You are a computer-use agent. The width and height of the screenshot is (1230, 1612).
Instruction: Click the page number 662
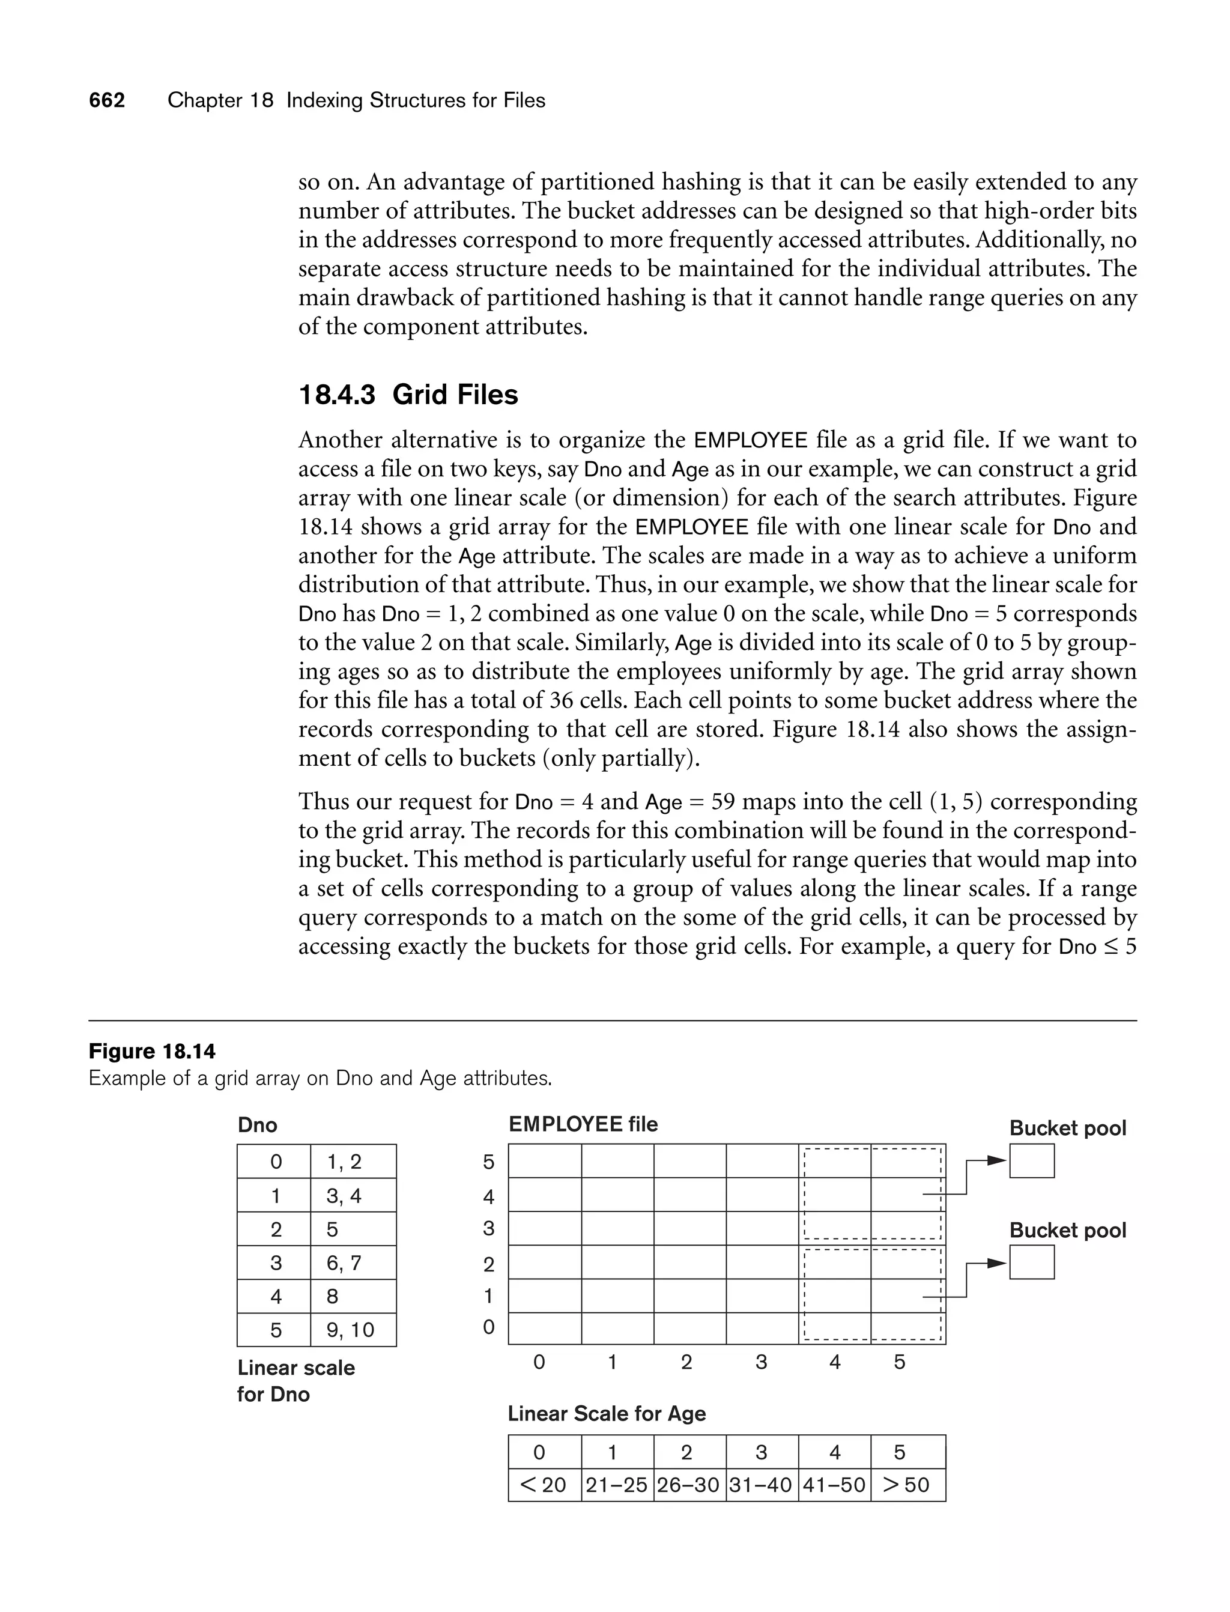tap(107, 100)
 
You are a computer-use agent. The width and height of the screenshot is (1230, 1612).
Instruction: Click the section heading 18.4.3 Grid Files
tap(408, 395)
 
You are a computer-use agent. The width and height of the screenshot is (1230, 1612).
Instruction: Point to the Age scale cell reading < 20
tap(544, 1485)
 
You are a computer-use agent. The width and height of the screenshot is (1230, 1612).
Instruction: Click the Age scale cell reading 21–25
tap(616, 1485)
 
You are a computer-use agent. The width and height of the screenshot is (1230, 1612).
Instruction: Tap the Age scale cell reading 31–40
tap(762, 1485)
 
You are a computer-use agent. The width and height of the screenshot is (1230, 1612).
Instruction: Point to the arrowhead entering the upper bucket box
tap(996, 1160)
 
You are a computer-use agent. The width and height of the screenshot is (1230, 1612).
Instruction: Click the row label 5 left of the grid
tap(488, 1163)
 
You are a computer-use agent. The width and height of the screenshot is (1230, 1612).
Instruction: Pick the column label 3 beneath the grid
tap(762, 1362)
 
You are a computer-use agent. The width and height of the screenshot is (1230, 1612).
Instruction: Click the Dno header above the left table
tap(257, 1124)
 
